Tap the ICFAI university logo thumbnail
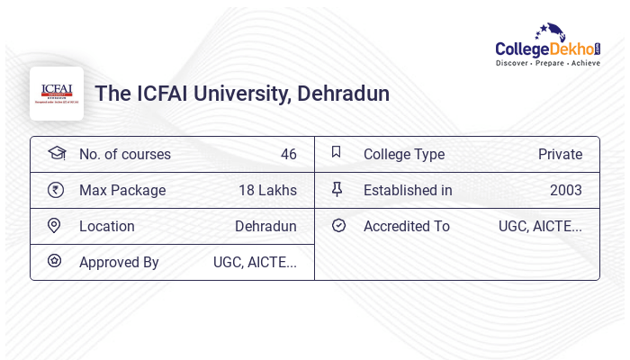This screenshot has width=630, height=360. pyautogui.click(x=57, y=94)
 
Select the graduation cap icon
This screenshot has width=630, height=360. pyautogui.click(x=56, y=153)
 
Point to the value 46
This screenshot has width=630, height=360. pyautogui.click(x=288, y=154)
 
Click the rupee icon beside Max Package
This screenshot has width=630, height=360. pyautogui.click(x=55, y=189)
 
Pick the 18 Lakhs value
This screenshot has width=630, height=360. pyautogui.click(x=267, y=190)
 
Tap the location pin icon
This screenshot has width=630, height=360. pyautogui.click(x=54, y=225)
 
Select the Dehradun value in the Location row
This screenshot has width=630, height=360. pyautogui.click(x=265, y=226)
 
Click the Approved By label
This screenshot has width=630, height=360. pyautogui.click(x=119, y=262)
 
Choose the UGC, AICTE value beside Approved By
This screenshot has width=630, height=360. pyautogui.click(x=255, y=262)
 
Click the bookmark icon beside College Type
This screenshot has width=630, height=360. pyautogui.click(x=336, y=152)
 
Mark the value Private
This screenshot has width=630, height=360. pyautogui.click(x=560, y=154)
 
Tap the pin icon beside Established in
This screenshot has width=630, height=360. pyautogui.click(x=337, y=189)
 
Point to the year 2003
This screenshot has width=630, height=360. pyautogui.click(x=566, y=190)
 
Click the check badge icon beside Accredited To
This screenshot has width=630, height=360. pyautogui.click(x=338, y=225)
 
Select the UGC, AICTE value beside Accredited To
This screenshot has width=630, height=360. pyautogui.click(x=540, y=226)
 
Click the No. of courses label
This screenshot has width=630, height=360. pyautogui.click(x=125, y=154)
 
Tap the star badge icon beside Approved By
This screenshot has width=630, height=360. pyautogui.click(x=54, y=261)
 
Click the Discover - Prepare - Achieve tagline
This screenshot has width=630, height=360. pyautogui.click(x=547, y=63)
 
